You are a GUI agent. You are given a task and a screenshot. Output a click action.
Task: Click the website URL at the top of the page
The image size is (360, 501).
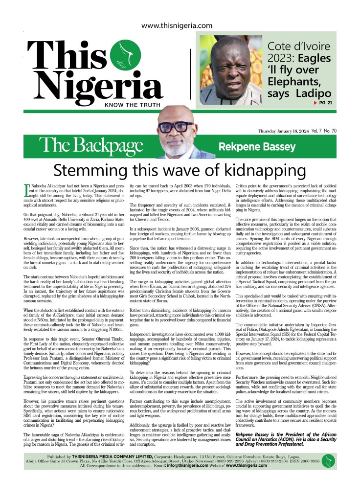[177, 26]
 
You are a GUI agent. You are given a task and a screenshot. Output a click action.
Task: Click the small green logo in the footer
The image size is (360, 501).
[329, 460]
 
